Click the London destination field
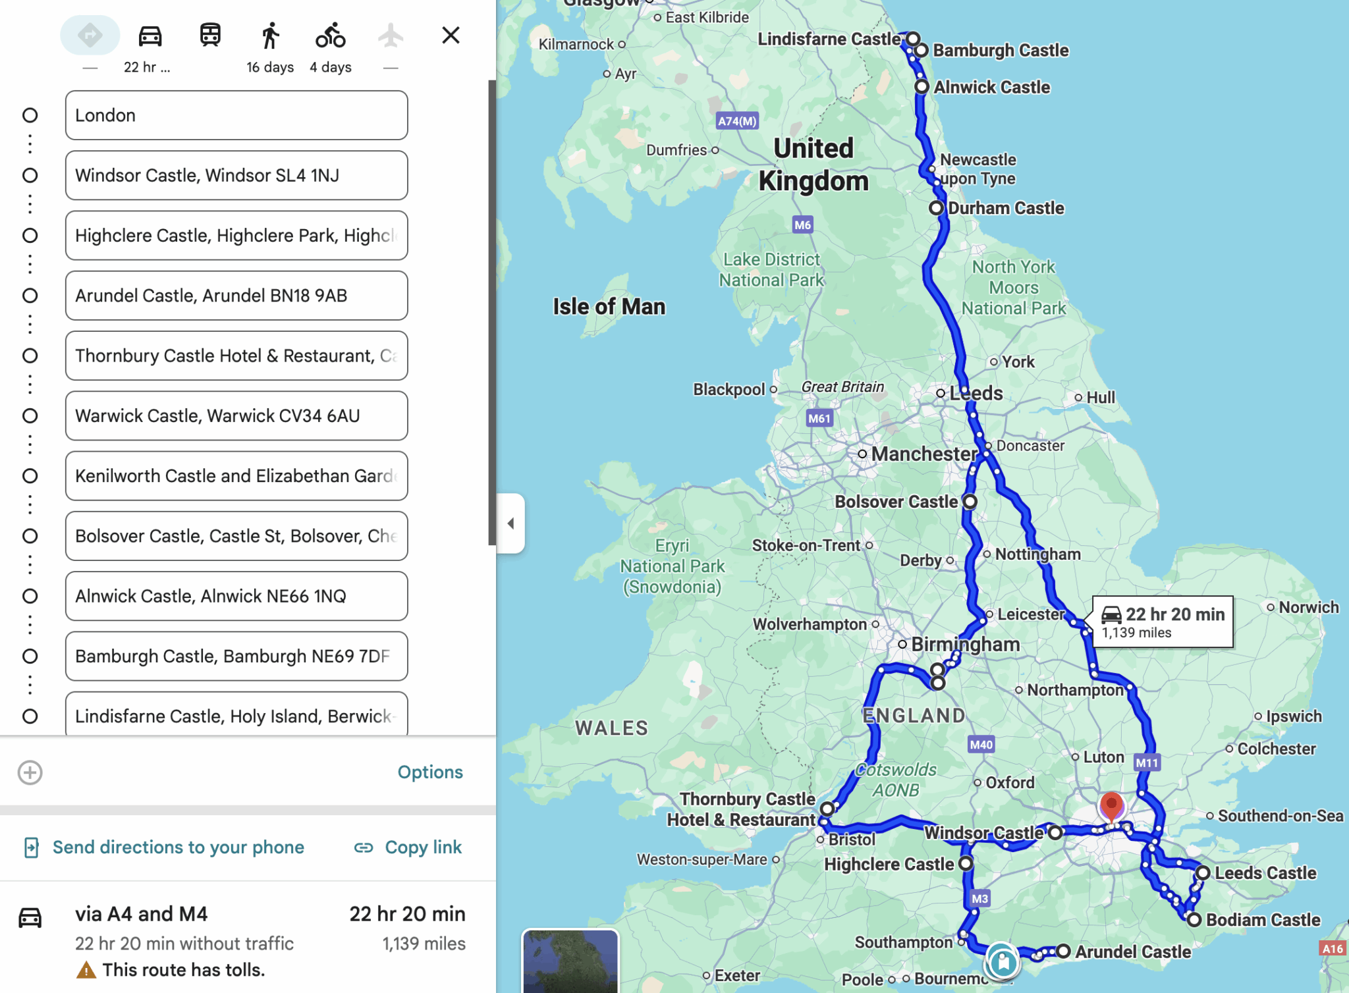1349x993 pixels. click(236, 115)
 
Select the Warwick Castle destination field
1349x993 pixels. click(236, 416)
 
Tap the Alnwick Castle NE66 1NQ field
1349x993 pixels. click(236, 596)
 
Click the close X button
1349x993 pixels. click(451, 35)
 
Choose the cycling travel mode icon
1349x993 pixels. click(330, 36)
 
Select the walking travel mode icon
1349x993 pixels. click(270, 36)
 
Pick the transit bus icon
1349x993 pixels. click(210, 35)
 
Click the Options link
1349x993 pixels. click(429, 772)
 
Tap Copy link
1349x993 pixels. click(408, 847)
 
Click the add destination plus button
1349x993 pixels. click(30, 772)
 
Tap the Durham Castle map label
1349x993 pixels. click(1005, 208)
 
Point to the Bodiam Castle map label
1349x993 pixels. click(1263, 920)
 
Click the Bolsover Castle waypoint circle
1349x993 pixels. click(970, 502)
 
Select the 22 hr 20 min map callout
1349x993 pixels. click(1163, 622)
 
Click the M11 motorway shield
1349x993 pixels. click(1147, 763)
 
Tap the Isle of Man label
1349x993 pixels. click(609, 307)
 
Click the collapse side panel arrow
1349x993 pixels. click(511, 523)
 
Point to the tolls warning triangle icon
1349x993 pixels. click(86, 970)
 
